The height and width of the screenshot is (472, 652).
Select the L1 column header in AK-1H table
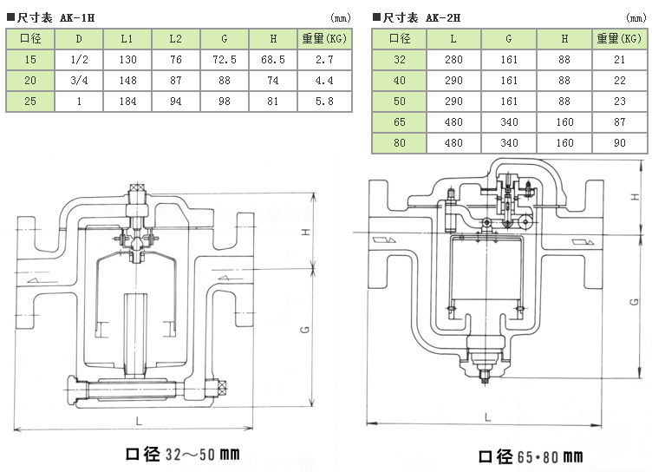(127, 38)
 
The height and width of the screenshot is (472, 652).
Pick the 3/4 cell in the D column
(79, 81)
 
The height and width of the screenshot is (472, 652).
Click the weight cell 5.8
(324, 102)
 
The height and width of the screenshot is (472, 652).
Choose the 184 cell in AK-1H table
(127, 102)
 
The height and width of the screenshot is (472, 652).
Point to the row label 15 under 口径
(30, 60)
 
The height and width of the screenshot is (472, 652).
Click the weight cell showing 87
(619, 122)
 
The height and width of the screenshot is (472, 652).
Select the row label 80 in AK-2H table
(399, 143)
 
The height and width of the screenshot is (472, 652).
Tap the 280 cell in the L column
(453, 60)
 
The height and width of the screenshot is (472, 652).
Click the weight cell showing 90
(619, 143)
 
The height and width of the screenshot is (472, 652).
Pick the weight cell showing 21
(619, 60)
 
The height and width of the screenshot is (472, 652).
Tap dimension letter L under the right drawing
(488, 417)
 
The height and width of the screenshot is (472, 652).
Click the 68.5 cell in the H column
(273, 60)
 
